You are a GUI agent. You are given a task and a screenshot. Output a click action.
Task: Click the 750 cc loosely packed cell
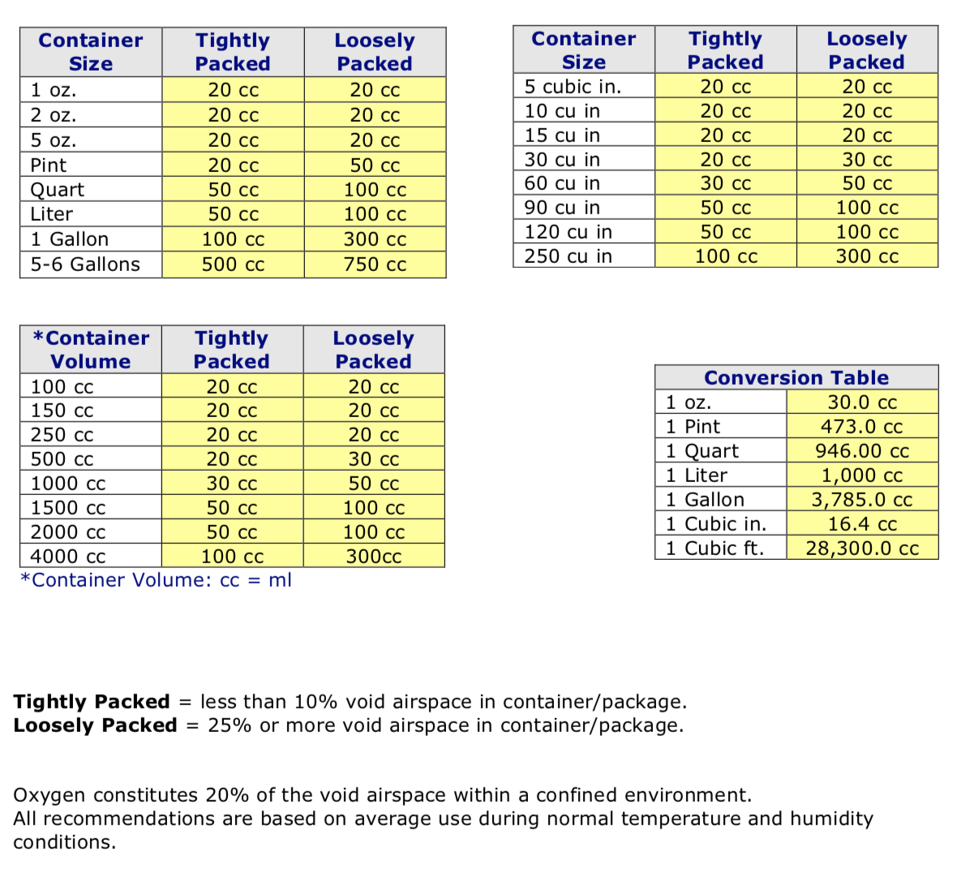pyautogui.click(x=375, y=265)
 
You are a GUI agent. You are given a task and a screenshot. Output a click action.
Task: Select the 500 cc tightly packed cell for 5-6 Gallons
pyautogui.click(x=233, y=265)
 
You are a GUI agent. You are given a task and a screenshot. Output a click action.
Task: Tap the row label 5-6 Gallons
pyautogui.click(x=85, y=265)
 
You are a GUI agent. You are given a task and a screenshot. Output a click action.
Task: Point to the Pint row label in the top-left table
pyautogui.click(x=49, y=166)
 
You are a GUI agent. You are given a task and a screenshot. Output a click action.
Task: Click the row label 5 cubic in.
pyautogui.click(x=573, y=87)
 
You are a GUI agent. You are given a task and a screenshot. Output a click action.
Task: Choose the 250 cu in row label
pyautogui.click(x=568, y=256)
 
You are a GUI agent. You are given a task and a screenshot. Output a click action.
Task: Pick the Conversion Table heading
pyautogui.click(x=796, y=378)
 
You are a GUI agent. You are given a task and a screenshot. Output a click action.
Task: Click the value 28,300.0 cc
pyautogui.click(x=862, y=549)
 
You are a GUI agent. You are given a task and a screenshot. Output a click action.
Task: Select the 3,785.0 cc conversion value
pyautogui.click(x=862, y=500)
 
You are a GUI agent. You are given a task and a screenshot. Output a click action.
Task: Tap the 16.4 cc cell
pyautogui.click(x=862, y=524)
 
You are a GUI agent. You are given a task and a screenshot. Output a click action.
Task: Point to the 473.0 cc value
pyautogui.click(x=862, y=427)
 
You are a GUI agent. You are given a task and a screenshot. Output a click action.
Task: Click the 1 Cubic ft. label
pyautogui.click(x=715, y=549)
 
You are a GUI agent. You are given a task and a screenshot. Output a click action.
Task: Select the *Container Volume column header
pyautogui.click(x=91, y=350)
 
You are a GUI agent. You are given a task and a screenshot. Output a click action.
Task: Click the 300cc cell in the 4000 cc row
pyautogui.click(x=374, y=557)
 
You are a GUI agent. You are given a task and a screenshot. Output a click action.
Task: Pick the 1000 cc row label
pyautogui.click(x=68, y=484)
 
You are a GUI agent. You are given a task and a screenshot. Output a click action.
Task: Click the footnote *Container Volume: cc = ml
pyautogui.click(x=156, y=580)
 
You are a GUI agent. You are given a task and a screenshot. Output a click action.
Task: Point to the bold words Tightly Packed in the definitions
pyautogui.click(x=92, y=702)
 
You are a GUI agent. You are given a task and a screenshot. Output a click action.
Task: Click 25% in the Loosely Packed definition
pyautogui.click(x=230, y=725)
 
